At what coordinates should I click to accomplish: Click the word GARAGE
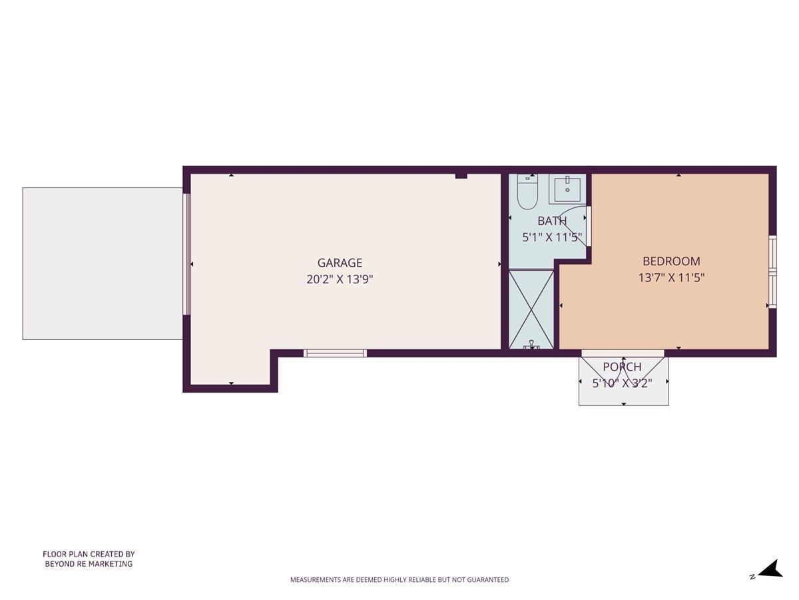click(340, 263)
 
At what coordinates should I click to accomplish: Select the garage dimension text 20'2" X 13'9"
click(340, 279)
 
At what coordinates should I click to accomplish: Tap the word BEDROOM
click(671, 261)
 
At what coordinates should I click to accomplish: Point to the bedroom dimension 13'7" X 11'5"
click(671, 278)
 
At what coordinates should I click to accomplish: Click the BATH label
click(552, 221)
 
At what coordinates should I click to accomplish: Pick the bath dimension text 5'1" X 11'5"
click(552, 237)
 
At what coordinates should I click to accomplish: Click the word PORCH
click(622, 367)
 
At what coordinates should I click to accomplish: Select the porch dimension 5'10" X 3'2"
click(622, 383)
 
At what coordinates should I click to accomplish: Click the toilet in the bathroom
click(527, 193)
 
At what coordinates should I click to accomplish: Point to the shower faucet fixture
click(531, 345)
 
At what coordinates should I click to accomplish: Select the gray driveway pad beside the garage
click(103, 263)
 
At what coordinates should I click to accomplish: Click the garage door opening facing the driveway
click(187, 253)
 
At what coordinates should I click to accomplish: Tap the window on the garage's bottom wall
click(335, 353)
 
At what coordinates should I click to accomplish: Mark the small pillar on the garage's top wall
click(461, 175)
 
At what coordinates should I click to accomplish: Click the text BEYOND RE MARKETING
click(89, 564)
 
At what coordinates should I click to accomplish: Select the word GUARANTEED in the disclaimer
click(485, 580)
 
